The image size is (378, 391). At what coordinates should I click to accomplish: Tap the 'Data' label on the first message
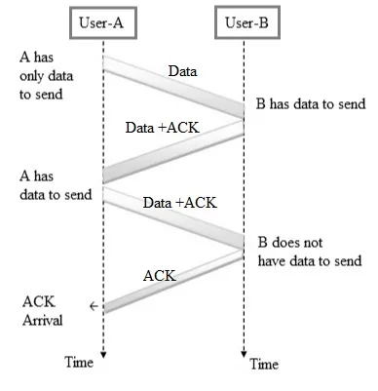point(182,71)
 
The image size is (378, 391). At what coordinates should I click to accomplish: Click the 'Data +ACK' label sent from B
point(163,128)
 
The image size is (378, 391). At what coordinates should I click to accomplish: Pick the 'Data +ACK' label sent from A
point(180,203)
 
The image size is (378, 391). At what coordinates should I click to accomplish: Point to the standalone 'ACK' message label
point(160,276)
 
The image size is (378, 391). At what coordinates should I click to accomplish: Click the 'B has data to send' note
point(311,104)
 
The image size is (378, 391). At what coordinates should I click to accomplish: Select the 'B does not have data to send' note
point(310,252)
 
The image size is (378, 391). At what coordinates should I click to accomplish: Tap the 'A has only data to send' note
point(46,76)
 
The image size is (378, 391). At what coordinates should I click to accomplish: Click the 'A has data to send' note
point(56,185)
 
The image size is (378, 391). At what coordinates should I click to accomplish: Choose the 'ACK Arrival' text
point(42,311)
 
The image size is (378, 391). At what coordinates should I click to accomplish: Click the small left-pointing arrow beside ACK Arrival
point(94,306)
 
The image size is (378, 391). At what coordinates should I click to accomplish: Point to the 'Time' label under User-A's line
point(79,362)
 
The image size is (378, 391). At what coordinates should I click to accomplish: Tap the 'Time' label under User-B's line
point(264,364)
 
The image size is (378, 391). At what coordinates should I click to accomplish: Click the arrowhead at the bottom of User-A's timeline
point(103,355)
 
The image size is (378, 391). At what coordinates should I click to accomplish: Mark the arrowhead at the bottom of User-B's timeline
point(244,354)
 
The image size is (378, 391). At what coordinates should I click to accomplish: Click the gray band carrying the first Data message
point(173,87)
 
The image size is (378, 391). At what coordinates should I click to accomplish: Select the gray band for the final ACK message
point(173,282)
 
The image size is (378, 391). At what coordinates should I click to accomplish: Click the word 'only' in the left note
point(31,76)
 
